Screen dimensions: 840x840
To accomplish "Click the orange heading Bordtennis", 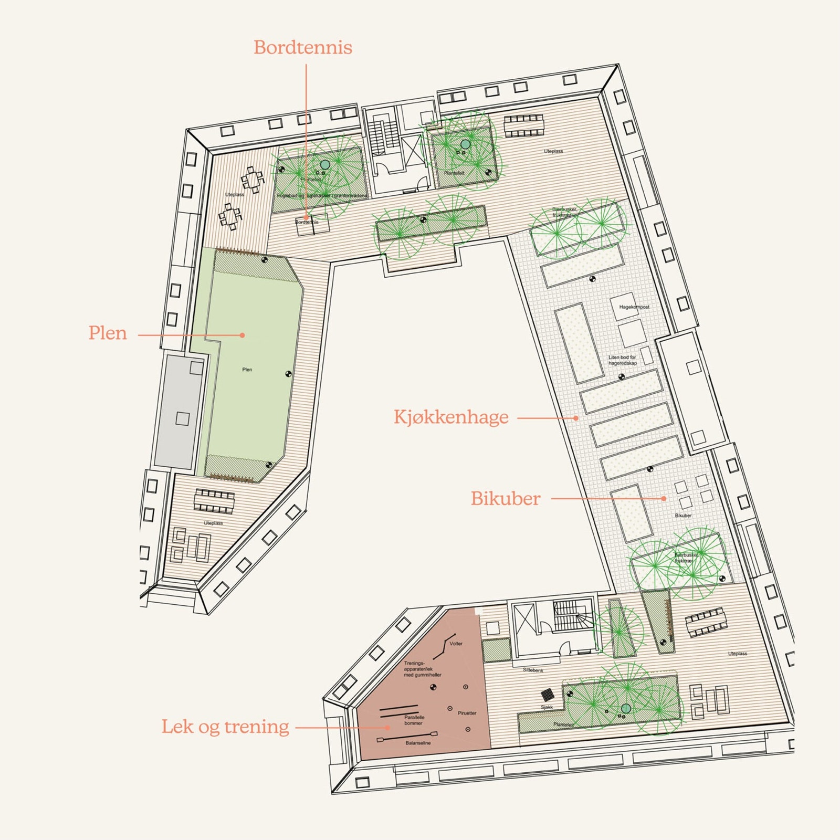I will pos(303,48).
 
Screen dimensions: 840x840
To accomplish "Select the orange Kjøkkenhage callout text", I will pos(451,417).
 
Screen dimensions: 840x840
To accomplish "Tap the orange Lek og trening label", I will pos(225,727).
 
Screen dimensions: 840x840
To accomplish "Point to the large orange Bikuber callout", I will pos(505,499).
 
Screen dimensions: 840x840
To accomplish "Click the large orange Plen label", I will pos(108,333).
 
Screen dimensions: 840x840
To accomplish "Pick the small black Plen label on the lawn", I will pos(247,370).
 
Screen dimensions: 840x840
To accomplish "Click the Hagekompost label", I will pos(634,307).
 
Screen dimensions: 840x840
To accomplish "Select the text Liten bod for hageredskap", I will pos(623,360).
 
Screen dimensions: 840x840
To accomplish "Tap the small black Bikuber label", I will pos(683,516).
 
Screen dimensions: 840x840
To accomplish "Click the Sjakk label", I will pos(547,707).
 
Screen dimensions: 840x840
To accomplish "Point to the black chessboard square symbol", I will pos(548,694).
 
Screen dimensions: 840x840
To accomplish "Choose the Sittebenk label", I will pos(533,670).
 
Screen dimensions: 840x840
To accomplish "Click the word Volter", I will pos(456,644).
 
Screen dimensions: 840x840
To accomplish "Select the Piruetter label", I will pos(467,713).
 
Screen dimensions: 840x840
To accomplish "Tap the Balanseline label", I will pos(418,743).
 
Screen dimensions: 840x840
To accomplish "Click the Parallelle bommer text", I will pos(414,720).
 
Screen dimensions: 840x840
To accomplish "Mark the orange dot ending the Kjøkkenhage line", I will pos(576,418).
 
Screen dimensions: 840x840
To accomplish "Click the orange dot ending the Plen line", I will pos(243,335).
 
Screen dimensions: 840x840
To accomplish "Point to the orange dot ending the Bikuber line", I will pos(664,499).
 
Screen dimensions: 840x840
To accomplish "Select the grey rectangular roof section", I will pos(180,411).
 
